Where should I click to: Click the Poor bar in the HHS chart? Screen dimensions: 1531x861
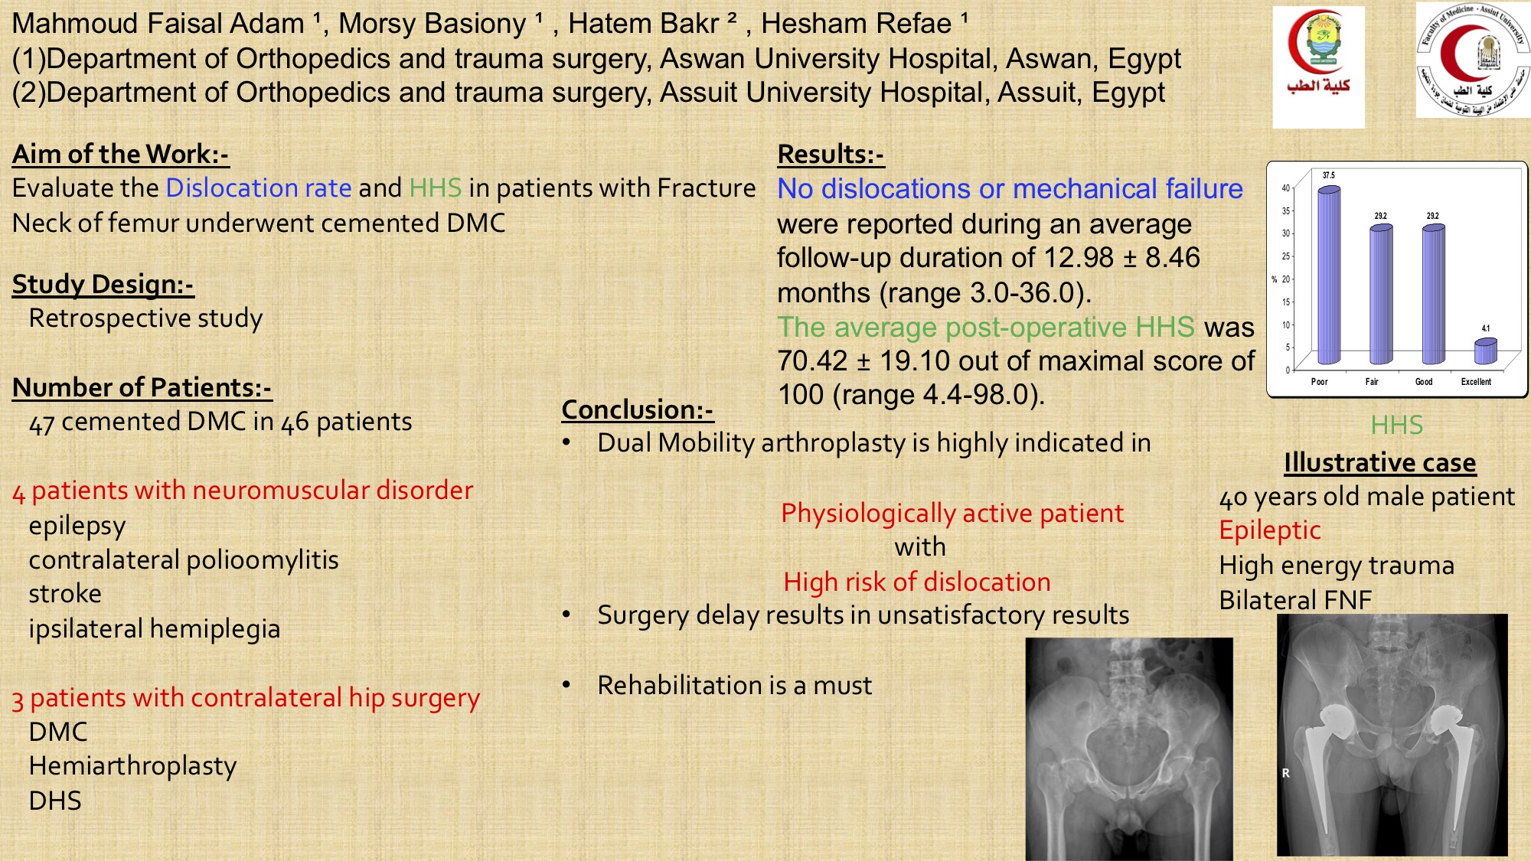(x=1329, y=276)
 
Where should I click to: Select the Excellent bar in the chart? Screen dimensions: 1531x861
(x=1485, y=352)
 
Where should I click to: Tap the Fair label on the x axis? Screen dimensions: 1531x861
(x=1372, y=382)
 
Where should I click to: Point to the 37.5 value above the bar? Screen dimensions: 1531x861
(x=1329, y=175)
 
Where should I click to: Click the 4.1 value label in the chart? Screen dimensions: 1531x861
(x=1486, y=328)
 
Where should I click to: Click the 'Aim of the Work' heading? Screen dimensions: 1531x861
(x=120, y=154)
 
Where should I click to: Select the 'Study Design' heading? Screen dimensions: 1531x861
(x=103, y=284)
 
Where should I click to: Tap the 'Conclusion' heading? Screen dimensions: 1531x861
(x=637, y=409)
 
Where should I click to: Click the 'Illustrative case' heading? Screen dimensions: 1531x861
(x=1380, y=462)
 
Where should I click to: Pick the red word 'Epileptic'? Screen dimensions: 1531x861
(x=1270, y=530)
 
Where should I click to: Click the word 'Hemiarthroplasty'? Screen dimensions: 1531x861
(x=132, y=766)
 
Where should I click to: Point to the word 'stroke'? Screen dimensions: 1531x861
(x=65, y=594)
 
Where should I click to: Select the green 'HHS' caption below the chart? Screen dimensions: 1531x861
(x=1396, y=425)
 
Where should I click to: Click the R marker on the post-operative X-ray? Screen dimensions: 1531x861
(x=1286, y=773)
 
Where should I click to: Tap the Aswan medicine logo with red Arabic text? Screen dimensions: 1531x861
(x=1318, y=67)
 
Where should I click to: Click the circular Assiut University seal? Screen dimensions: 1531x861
(x=1473, y=60)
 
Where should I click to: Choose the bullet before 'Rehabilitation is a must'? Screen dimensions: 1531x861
(x=566, y=685)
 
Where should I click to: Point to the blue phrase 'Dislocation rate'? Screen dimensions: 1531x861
(x=259, y=188)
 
